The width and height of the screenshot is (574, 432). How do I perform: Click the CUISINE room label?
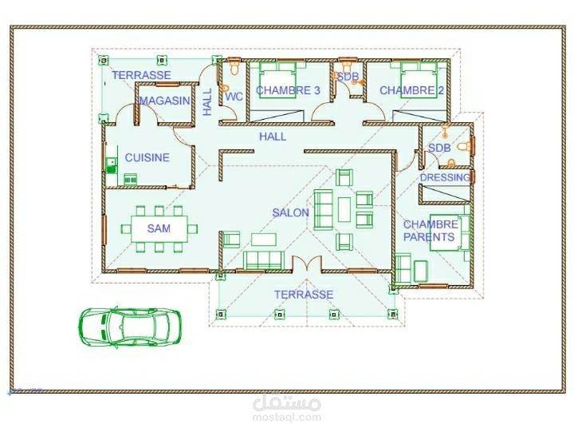pyautogui.click(x=147, y=157)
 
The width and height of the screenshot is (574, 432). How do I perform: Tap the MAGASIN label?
pyautogui.click(x=165, y=101)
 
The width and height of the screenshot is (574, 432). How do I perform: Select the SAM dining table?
pyautogui.click(x=159, y=228)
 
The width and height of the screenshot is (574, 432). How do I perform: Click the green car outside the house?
pyautogui.click(x=130, y=327)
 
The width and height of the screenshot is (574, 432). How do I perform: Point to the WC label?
pyautogui.click(x=234, y=97)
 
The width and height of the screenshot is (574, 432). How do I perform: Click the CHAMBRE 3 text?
pyautogui.click(x=288, y=90)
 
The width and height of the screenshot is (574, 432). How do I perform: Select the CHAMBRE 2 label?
pyautogui.click(x=411, y=90)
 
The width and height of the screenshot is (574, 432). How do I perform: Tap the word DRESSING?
pyautogui.click(x=445, y=177)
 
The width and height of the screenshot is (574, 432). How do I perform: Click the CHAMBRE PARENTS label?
pyautogui.click(x=431, y=231)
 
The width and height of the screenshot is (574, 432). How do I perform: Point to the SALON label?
pyautogui.click(x=291, y=212)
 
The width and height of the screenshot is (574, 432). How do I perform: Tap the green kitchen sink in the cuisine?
pyautogui.click(x=111, y=165)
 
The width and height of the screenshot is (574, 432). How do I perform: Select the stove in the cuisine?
pyautogui.click(x=131, y=180)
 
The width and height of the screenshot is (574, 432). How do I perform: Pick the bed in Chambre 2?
pyautogui.click(x=419, y=80)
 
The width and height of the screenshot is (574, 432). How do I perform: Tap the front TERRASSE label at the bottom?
pyautogui.click(x=304, y=295)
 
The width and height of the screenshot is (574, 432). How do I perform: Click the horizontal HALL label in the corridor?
pyautogui.click(x=273, y=137)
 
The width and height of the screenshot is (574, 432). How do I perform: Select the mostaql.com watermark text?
pyautogui.click(x=287, y=417)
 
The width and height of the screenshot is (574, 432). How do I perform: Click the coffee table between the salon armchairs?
pyautogui.click(x=344, y=210)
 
